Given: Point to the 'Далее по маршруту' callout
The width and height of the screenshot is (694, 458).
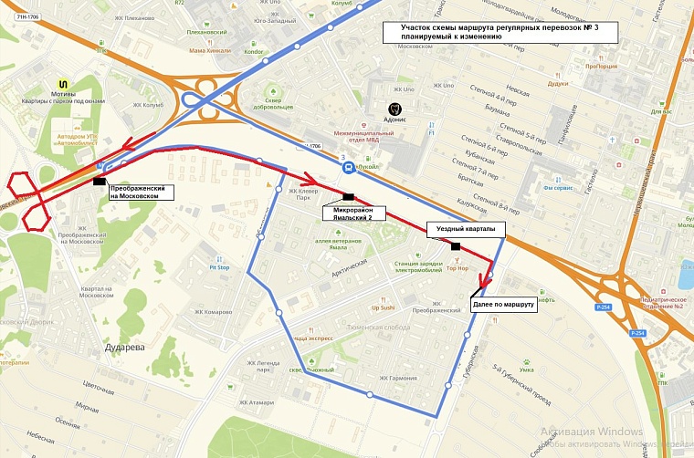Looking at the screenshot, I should (503, 307).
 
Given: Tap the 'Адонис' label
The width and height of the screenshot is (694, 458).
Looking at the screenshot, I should (395, 119).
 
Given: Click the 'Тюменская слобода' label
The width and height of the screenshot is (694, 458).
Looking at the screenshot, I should (377, 327).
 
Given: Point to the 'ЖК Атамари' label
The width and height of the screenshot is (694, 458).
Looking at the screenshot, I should (257, 402).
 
